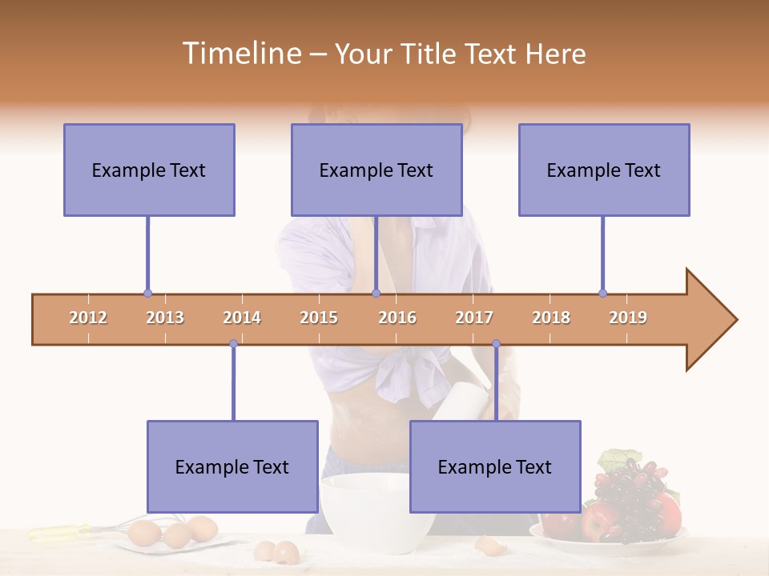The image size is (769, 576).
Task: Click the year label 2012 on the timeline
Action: point(88,318)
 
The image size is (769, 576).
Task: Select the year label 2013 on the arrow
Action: point(165,318)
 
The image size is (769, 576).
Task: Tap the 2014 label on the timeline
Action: point(242,318)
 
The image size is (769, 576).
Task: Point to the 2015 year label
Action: point(319,318)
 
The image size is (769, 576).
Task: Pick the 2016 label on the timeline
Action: point(397,318)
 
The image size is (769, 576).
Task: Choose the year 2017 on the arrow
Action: point(474,318)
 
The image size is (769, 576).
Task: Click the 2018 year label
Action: point(551,318)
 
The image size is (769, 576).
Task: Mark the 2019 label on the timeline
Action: point(628,318)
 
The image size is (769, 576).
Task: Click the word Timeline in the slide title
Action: point(240,54)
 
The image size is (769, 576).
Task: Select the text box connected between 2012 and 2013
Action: point(149,170)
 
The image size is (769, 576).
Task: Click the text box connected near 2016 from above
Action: point(376,170)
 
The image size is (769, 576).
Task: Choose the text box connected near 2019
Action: point(604,170)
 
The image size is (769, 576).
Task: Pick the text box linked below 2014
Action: point(232,466)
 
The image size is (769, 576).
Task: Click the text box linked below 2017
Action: point(495,466)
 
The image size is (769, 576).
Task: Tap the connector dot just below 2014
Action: point(233,343)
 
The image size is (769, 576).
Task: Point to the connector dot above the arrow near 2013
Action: point(147,293)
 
